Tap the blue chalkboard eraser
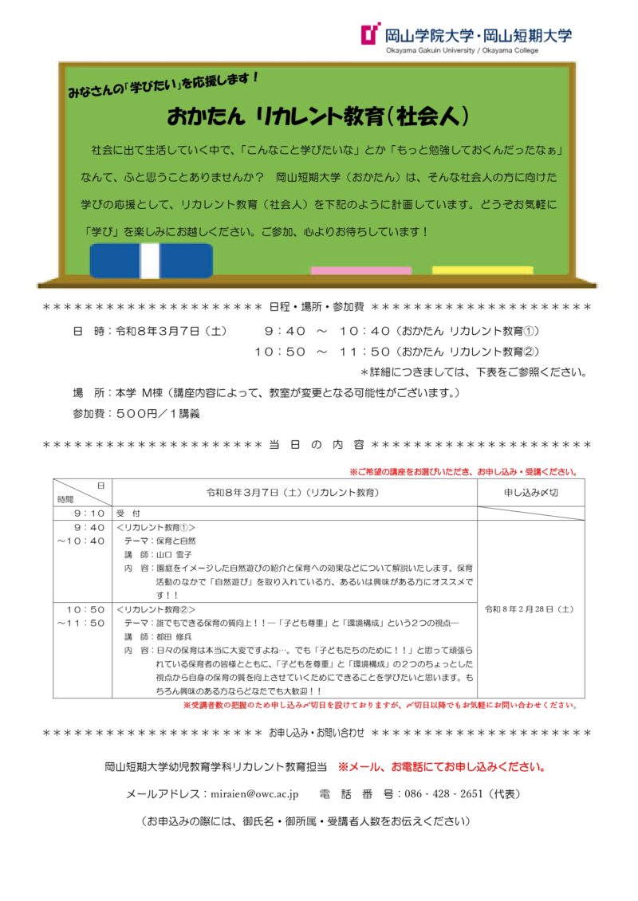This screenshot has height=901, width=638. [151, 261]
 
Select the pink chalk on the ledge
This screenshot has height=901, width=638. [360, 270]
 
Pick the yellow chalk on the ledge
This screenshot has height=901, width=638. [482, 270]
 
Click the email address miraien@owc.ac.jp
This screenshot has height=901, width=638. [253, 794]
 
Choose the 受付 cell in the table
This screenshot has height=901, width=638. [128, 513]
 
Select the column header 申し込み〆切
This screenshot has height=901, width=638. [530, 493]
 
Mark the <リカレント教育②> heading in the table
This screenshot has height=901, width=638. [156, 609]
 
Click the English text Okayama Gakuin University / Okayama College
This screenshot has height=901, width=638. [461, 51]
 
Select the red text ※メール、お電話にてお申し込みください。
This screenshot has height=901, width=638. [442, 767]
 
